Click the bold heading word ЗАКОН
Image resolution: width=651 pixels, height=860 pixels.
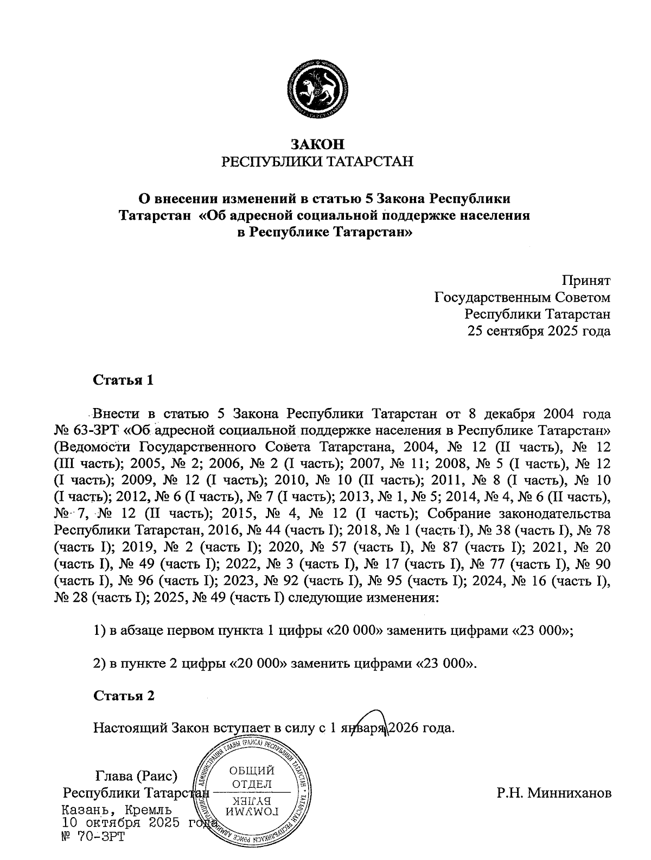[x=318, y=144]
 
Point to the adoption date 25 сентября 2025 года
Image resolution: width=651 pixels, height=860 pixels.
[x=539, y=331]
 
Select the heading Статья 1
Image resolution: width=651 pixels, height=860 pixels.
[x=124, y=380]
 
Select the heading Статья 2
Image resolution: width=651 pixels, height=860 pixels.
[x=124, y=696]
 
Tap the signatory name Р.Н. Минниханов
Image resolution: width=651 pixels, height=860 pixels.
[x=553, y=793]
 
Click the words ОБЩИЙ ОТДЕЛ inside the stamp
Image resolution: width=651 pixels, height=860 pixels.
[x=252, y=777]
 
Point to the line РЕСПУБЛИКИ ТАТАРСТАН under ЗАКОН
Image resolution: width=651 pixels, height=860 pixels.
[x=318, y=161]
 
